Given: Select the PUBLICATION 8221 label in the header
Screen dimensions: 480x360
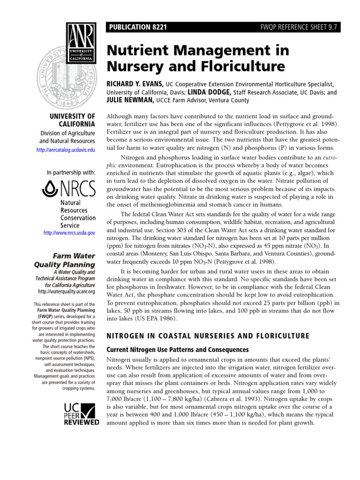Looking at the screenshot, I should pos(136,28).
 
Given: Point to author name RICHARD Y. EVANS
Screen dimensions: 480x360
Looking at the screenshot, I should pos(136,83).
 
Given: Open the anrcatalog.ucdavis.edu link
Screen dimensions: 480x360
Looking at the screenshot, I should pos(65,150).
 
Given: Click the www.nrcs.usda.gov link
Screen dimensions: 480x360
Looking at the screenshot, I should pos(69,232).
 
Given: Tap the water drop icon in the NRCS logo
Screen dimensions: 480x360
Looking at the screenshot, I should pos(49,189).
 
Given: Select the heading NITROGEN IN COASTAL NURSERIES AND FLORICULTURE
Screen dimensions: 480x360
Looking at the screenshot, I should pos(208,336).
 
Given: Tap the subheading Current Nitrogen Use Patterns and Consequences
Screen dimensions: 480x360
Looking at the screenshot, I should pos(178,350).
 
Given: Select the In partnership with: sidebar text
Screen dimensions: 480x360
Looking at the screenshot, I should pos(71,172).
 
